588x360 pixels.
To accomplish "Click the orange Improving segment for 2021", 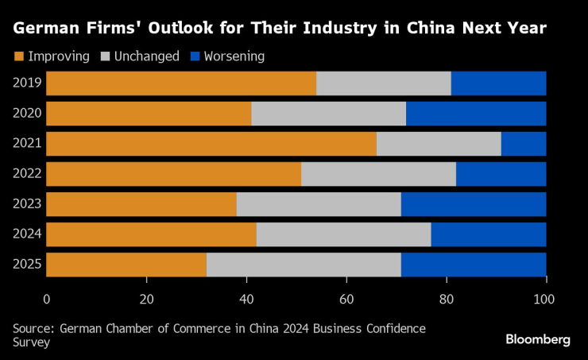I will tap(211, 144).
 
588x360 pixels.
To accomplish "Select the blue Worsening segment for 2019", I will tap(498, 83).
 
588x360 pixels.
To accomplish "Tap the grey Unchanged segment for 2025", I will tap(304, 265).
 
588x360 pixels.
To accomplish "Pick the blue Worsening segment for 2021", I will tap(524, 144).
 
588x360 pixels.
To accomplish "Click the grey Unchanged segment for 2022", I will tap(378, 174).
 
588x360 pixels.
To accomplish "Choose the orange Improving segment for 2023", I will tap(141, 204).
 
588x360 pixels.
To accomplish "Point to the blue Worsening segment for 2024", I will tap(489, 234).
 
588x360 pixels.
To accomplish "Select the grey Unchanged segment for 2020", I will tap(328, 114).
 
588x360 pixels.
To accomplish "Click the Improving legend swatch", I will tap(19, 56).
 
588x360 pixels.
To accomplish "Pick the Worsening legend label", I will tap(234, 56).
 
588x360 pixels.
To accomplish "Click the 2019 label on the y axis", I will tap(27, 83).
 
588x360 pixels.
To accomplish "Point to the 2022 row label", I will tap(27, 174).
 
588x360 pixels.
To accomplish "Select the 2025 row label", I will tap(27, 265).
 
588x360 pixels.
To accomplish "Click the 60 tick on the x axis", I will tap(346, 299).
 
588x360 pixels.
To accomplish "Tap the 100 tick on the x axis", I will tap(546, 299).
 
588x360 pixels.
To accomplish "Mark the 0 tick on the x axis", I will tap(47, 299).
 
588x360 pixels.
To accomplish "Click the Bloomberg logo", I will tap(538, 339).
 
